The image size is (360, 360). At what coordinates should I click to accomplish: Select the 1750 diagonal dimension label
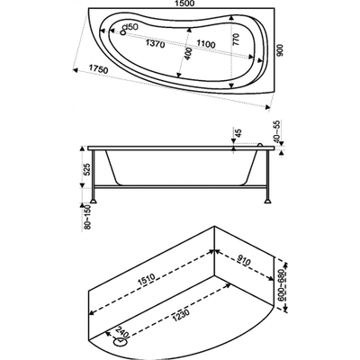pyautogui.click(x=99, y=69)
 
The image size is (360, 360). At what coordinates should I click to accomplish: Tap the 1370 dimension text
pyautogui.click(x=155, y=44)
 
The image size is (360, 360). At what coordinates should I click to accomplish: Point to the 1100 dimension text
pyautogui.click(x=206, y=44)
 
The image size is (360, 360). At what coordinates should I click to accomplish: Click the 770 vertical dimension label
pyautogui.click(x=236, y=40)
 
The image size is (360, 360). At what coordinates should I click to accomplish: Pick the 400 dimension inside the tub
pyautogui.click(x=187, y=54)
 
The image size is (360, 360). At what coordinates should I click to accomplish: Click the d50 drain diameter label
pyautogui.click(x=130, y=27)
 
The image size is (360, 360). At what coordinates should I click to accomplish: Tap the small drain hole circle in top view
pyautogui.click(x=122, y=32)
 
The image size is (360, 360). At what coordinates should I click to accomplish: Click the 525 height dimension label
pyautogui.click(x=86, y=170)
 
